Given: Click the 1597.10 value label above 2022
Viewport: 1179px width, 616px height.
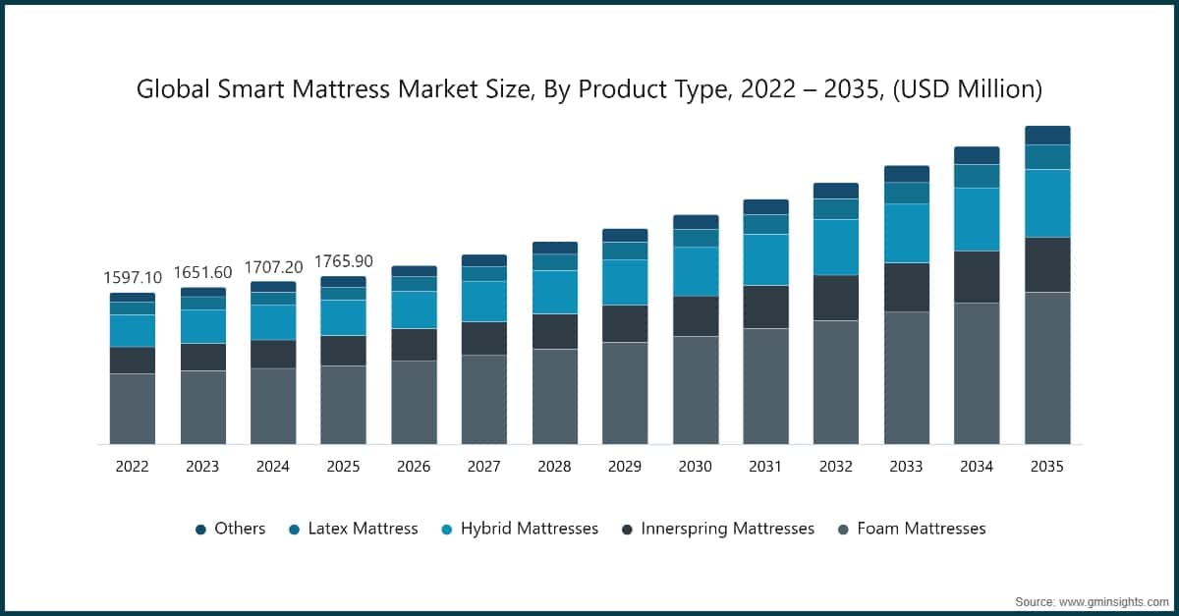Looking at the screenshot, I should click(132, 278).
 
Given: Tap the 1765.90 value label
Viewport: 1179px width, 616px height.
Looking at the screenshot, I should click(344, 261).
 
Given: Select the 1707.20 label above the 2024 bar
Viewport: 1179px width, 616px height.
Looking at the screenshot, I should click(272, 266).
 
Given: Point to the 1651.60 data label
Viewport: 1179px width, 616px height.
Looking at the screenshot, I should click(202, 272).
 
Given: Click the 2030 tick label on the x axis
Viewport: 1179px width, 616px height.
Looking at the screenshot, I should click(695, 467).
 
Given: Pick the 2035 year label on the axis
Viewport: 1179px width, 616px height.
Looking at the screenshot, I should click(1046, 467).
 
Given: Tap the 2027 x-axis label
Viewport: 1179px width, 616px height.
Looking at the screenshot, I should click(484, 467).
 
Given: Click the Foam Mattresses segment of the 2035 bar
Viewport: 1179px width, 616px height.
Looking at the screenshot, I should click(1047, 367).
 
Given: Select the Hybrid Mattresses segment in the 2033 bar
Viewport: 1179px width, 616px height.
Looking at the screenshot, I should click(906, 233).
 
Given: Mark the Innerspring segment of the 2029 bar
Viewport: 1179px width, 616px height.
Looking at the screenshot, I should click(625, 323).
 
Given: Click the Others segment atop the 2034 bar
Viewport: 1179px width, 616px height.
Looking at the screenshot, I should click(977, 155).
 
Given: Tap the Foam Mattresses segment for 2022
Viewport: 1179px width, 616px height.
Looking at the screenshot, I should click(132, 409).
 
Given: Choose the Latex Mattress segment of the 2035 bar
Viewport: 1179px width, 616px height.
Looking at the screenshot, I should click(1047, 157).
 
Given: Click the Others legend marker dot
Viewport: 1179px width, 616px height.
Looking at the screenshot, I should click(200, 530).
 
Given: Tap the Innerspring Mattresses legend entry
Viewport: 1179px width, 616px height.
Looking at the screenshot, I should click(727, 529).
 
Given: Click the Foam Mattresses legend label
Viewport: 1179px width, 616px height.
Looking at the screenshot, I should click(921, 529).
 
